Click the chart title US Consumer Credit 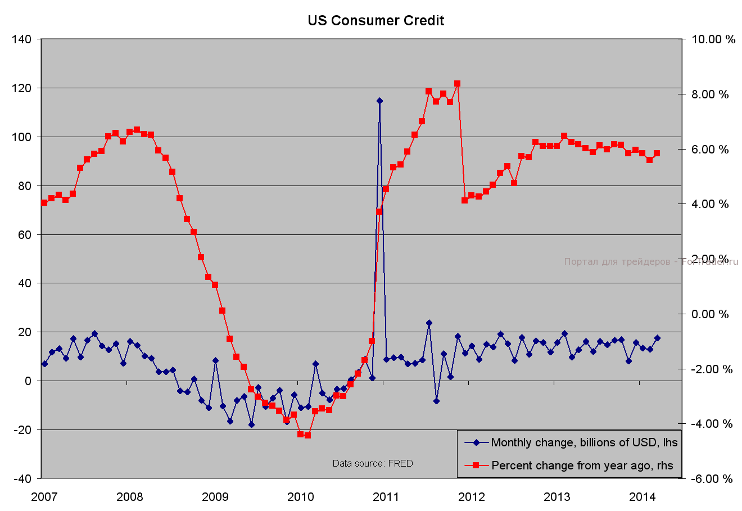tap(375, 21)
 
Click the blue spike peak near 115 tap(379, 101)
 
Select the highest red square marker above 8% tap(457, 83)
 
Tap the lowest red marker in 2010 tap(307, 435)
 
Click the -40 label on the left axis tap(22, 478)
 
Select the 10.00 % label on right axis tap(713, 39)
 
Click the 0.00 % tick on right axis tap(709, 314)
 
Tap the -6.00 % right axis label tap(711, 479)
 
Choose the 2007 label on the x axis tap(44, 496)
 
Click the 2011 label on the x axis tap(386, 496)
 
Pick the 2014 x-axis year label tap(642, 496)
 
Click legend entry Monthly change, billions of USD tap(584, 442)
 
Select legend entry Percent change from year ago tap(582, 465)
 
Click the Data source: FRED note tap(373, 463)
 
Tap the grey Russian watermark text tap(651, 261)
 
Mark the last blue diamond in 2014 tap(657, 338)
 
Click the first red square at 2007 tap(44, 202)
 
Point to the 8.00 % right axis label tap(709, 94)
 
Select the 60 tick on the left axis tap(25, 234)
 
